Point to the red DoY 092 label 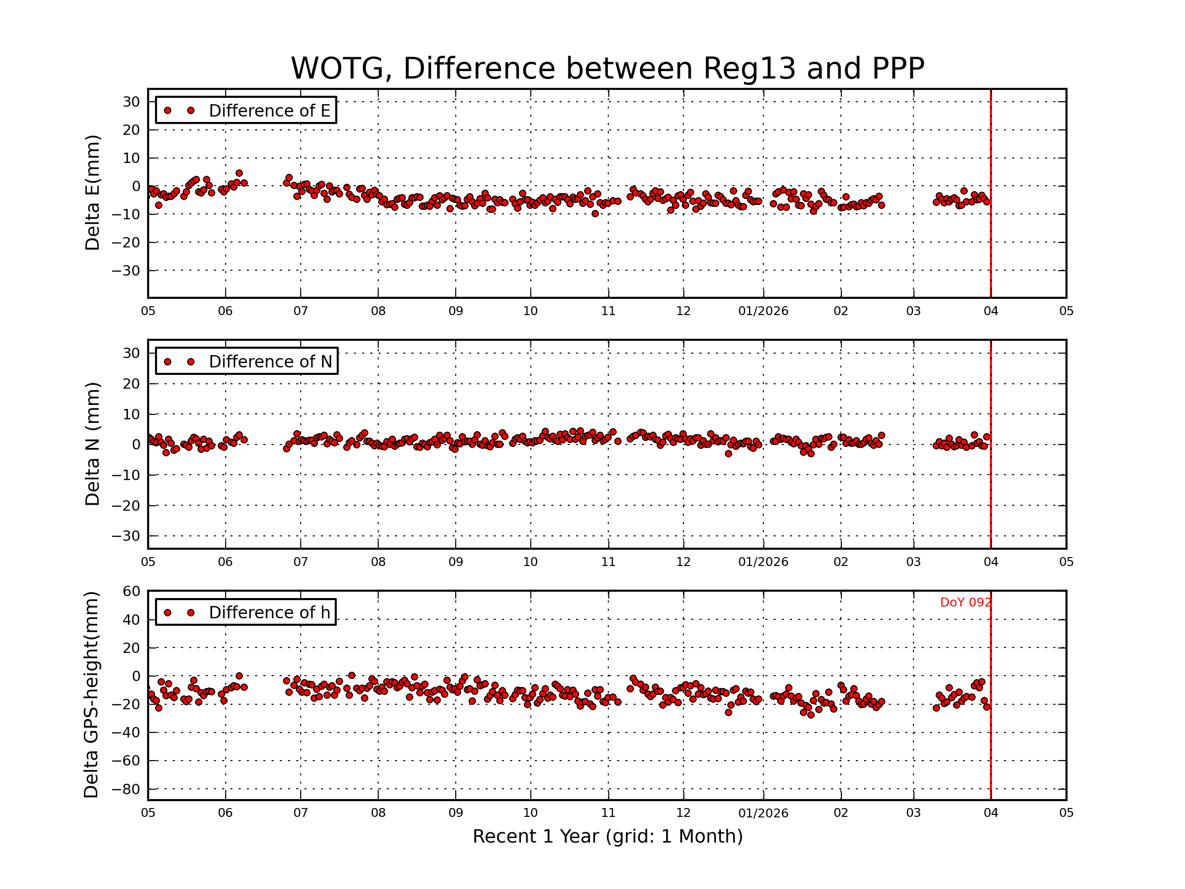click(965, 603)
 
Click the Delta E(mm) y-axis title click(92, 193)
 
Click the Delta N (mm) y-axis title click(92, 444)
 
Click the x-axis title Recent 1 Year click(607, 837)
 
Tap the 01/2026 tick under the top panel click(763, 311)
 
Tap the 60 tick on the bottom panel click(131, 591)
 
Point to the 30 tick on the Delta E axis click(131, 102)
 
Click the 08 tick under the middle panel click(378, 562)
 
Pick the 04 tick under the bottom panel click(990, 813)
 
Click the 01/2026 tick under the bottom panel click(763, 813)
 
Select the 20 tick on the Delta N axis click(131, 384)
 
